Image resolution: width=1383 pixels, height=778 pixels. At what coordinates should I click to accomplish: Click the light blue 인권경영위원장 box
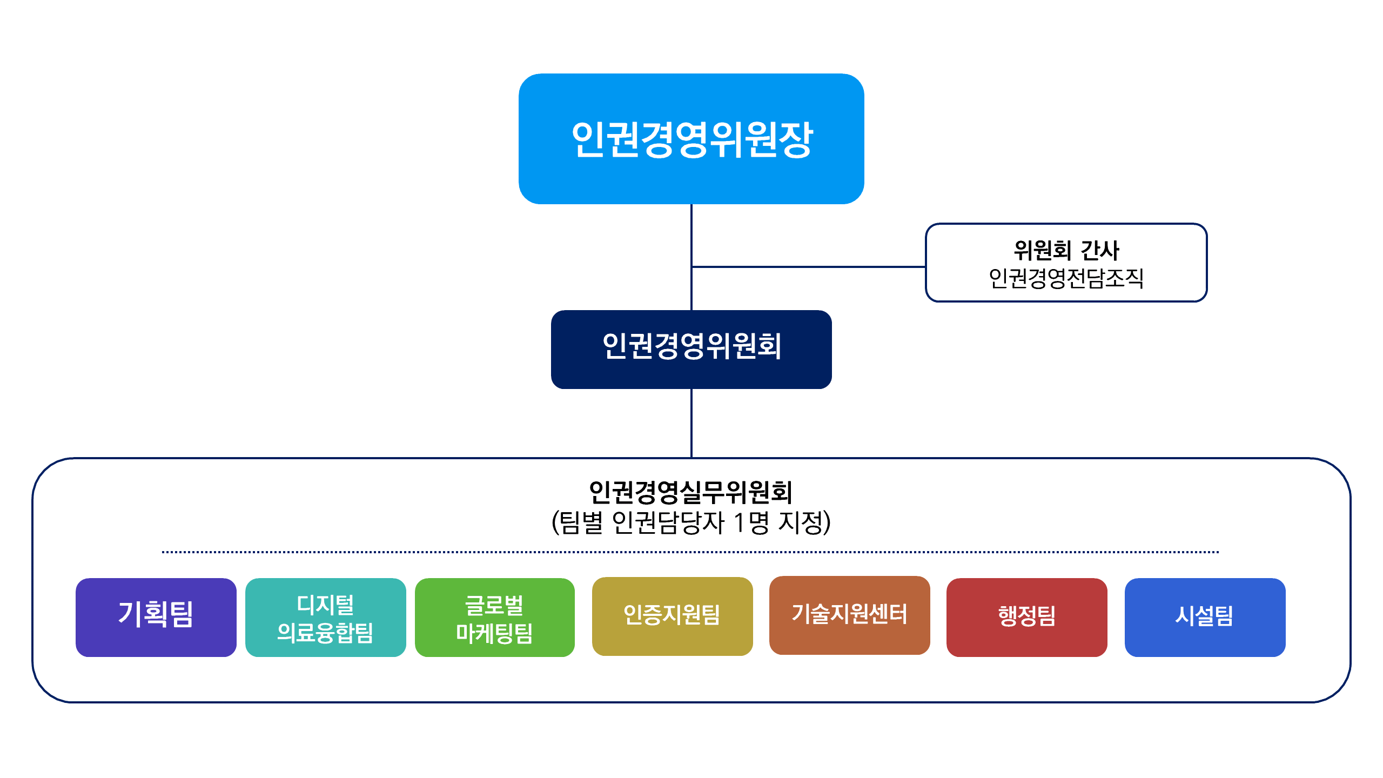pyautogui.click(x=691, y=139)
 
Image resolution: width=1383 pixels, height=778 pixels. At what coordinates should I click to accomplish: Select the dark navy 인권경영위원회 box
pyautogui.click(x=691, y=350)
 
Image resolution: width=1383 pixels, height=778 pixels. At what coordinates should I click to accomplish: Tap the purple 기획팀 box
pyautogui.click(x=156, y=618)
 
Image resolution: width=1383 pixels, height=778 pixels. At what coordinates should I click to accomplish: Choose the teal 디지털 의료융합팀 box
pyautogui.click(x=326, y=618)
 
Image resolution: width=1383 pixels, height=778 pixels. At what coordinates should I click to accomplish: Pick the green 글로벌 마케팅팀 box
pyautogui.click(x=495, y=618)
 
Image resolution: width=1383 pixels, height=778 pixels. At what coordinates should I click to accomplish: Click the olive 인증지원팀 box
pyautogui.click(x=673, y=616)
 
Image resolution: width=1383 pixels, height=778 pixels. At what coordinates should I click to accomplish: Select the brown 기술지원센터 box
pyautogui.click(x=850, y=615)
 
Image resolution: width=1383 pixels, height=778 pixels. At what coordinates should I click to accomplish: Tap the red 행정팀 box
pyautogui.click(x=1027, y=618)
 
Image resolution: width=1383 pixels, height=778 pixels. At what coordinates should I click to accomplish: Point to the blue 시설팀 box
pyautogui.click(x=1205, y=618)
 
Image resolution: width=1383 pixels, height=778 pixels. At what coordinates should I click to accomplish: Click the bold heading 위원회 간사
pyautogui.click(x=1066, y=250)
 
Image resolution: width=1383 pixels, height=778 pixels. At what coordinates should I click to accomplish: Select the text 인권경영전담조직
pyautogui.click(x=1066, y=278)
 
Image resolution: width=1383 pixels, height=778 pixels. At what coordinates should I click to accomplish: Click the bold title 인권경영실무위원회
pyautogui.click(x=691, y=492)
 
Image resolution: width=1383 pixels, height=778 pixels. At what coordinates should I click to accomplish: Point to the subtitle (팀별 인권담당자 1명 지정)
pyautogui.click(x=691, y=522)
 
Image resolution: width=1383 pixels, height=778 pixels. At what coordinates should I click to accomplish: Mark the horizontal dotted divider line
pyautogui.click(x=690, y=552)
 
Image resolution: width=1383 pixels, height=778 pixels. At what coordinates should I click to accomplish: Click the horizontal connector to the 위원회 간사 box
pyautogui.click(x=809, y=266)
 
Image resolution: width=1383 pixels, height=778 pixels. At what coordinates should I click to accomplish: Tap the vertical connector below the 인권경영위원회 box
pyautogui.click(x=691, y=423)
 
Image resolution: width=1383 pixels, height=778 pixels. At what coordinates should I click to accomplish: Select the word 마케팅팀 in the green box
pyautogui.click(x=494, y=633)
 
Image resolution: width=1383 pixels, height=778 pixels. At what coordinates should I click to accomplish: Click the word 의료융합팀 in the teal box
pyautogui.click(x=325, y=633)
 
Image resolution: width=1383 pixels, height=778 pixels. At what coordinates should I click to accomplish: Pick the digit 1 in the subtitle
pyautogui.click(x=739, y=522)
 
